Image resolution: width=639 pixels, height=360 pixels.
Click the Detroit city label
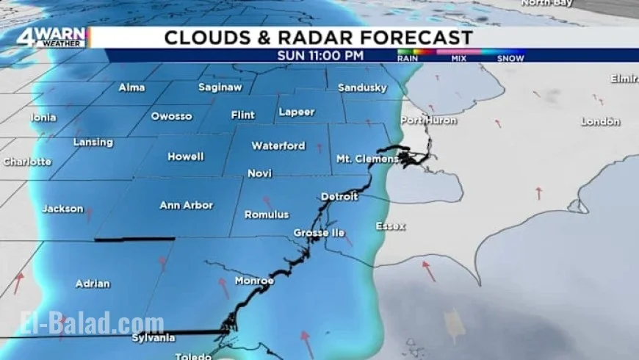[x=339, y=197]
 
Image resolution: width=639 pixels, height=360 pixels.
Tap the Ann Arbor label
[x=186, y=206]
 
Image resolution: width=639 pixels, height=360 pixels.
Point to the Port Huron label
[x=429, y=120]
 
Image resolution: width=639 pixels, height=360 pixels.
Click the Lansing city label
[x=93, y=142]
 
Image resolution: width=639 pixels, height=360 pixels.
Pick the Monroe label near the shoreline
[x=254, y=281]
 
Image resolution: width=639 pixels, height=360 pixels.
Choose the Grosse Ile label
[x=319, y=233]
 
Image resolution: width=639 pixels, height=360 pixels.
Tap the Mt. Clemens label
[x=367, y=159]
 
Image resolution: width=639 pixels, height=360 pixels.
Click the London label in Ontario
[x=600, y=121]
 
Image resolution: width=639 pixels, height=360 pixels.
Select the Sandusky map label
[x=362, y=88]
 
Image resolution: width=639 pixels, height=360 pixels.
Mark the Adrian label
[x=93, y=283]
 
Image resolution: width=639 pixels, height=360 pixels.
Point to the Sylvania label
[x=154, y=338]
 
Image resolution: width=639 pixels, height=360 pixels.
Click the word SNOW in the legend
[x=510, y=58]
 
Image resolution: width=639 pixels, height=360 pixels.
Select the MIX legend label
[x=459, y=58]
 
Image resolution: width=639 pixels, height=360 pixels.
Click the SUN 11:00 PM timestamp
[x=320, y=55]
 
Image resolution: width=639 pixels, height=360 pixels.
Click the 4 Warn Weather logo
[x=53, y=37]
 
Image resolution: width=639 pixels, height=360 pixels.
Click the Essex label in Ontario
[x=390, y=226]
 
